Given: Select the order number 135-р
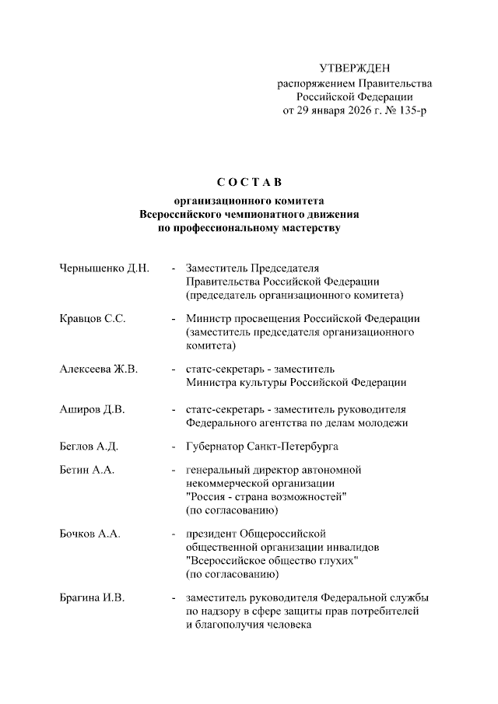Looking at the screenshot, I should (411, 110).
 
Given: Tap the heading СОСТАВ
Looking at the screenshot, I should (248, 183).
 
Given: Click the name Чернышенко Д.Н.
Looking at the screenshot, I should (103, 268).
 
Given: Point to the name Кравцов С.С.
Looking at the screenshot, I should (93, 319).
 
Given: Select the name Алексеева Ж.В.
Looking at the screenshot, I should (98, 369).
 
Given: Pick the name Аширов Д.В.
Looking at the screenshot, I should (92, 409).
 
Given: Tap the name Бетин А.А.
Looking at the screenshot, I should (86, 471).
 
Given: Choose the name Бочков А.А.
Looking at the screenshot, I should (89, 534).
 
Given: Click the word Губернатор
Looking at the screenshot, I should (215, 447).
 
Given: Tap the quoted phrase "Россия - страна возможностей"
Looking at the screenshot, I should (266, 497).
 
